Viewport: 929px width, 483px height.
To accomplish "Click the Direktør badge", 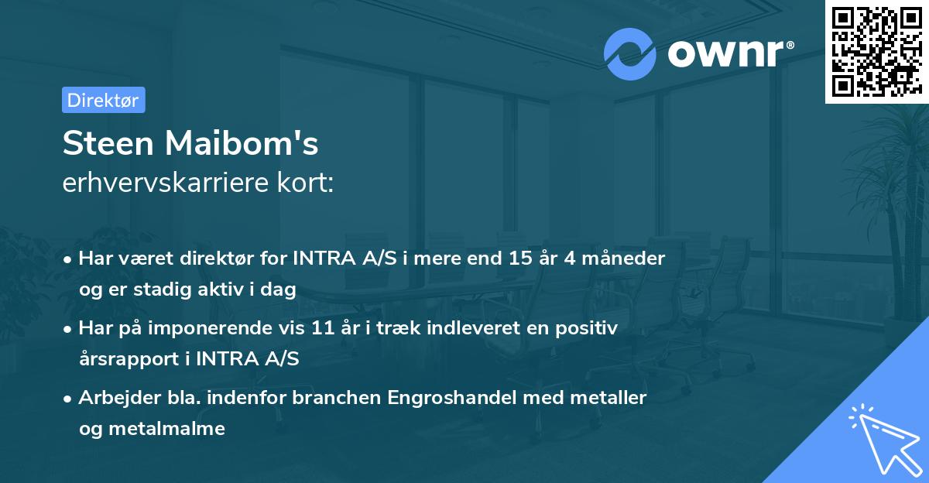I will tap(103, 100).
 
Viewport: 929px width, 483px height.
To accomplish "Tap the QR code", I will tap(876, 51).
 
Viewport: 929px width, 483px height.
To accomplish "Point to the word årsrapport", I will tap(127, 358).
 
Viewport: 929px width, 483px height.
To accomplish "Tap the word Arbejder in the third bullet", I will tap(115, 398).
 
